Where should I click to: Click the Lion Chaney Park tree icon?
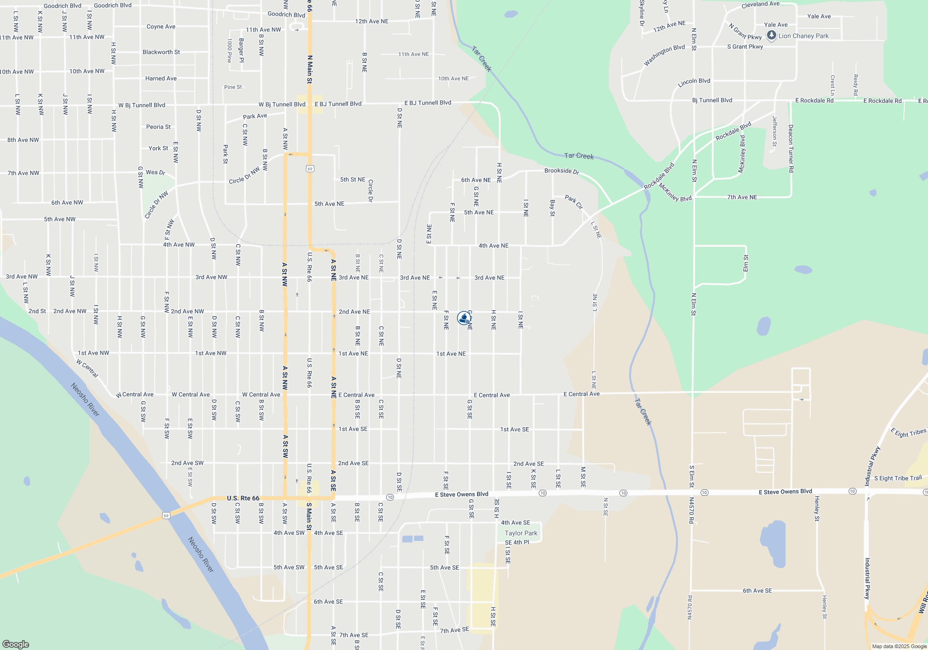click(x=771, y=35)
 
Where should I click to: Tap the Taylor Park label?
click(x=521, y=533)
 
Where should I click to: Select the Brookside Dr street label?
click(x=561, y=171)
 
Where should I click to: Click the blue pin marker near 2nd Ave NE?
click(x=464, y=318)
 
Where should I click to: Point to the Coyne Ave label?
click(x=161, y=27)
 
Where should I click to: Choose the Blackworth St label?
click(x=161, y=52)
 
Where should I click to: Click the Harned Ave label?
click(x=161, y=78)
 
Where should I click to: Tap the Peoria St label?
click(x=158, y=127)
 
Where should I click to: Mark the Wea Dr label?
click(x=155, y=172)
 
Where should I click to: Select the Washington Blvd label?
click(x=664, y=55)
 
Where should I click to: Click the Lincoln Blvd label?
click(x=694, y=83)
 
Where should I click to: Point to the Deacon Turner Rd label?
click(x=791, y=149)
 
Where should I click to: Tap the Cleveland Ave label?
click(x=760, y=5)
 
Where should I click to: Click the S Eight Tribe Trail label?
click(x=898, y=478)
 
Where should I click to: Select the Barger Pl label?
click(x=241, y=50)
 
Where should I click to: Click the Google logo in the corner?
click(x=16, y=644)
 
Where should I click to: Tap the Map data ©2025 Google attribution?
click(x=899, y=646)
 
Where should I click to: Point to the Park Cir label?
click(x=574, y=202)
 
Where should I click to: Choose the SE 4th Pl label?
click(x=517, y=542)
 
